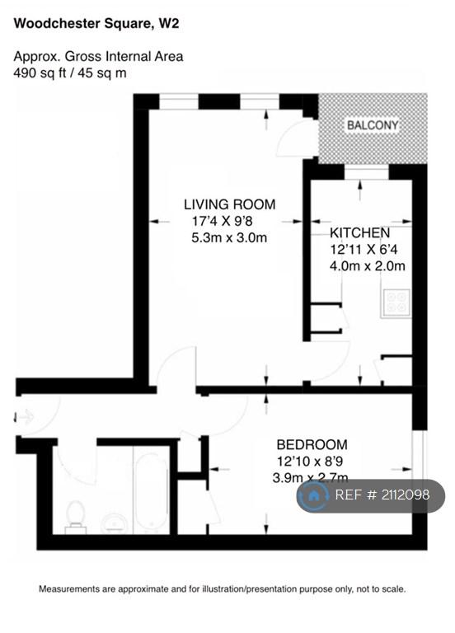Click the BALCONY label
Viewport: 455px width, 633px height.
pyautogui.click(x=373, y=125)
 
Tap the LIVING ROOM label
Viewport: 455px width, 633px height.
pyautogui.click(x=229, y=204)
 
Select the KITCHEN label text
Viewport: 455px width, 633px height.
pyautogui.click(x=359, y=233)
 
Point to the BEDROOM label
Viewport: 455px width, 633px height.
pyautogui.click(x=312, y=444)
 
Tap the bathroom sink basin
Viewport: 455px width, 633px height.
pyautogui.click(x=115, y=524)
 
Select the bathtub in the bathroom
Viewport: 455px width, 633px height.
pyautogui.click(x=151, y=490)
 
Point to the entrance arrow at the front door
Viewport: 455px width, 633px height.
pyautogui.click(x=24, y=417)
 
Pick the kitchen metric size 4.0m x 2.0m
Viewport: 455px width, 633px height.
pyautogui.click(x=368, y=266)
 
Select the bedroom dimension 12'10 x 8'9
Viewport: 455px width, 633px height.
pyautogui.click(x=310, y=461)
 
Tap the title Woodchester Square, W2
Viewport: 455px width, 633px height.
pyautogui.click(x=96, y=23)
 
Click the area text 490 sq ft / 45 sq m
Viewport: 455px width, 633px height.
pyautogui.click(x=70, y=73)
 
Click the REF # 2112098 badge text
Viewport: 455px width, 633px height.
pyautogui.click(x=382, y=495)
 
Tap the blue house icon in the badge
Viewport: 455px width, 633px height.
pyautogui.click(x=313, y=495)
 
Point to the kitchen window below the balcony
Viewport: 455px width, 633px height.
pyautogui.click(x=366, y=173)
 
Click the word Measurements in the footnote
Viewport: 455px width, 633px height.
pyautogui.click(x=68, y=589)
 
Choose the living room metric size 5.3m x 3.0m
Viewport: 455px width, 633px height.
pyautogui.click(x=229, y=237)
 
